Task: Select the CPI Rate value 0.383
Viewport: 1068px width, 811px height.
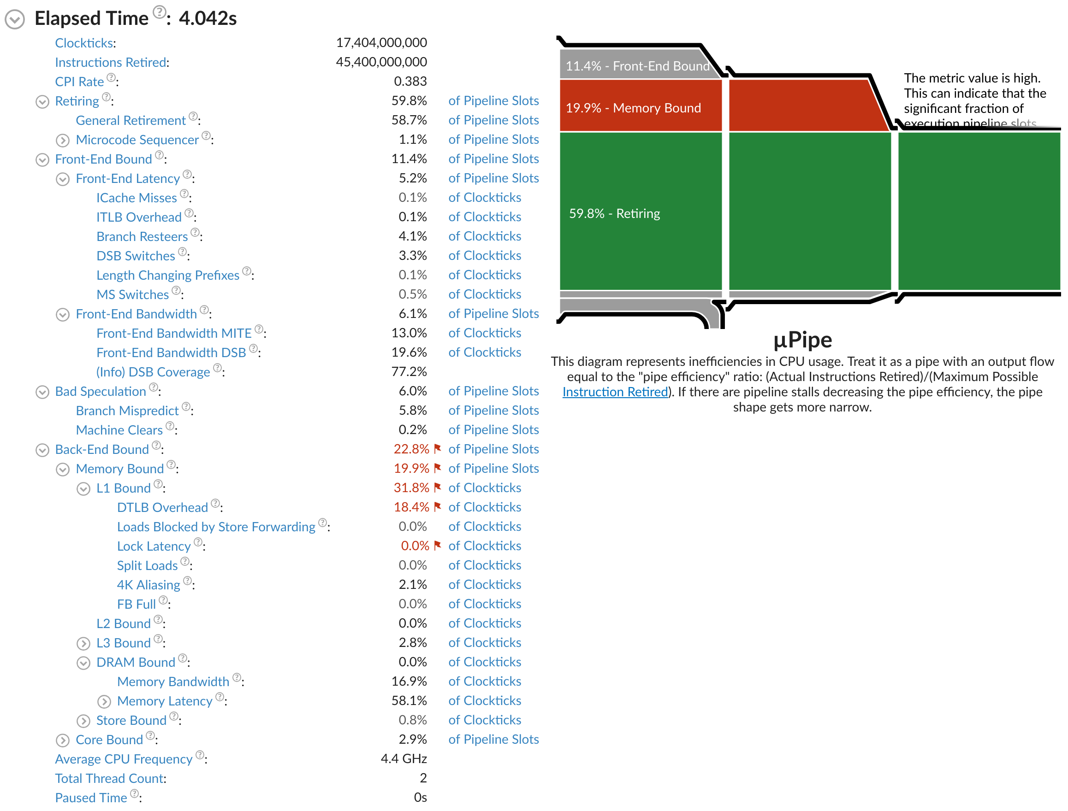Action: (x=410, y=81)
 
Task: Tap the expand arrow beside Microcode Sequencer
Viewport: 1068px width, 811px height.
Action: (x=63, y=141)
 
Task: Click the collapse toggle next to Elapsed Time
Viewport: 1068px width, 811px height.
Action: (x=15, y=19)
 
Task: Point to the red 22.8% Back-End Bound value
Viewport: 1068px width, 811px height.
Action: (x=411, y=449)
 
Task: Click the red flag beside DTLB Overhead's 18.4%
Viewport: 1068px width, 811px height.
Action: (x=437, y=507)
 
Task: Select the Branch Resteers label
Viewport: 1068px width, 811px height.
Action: (x=142, y=236)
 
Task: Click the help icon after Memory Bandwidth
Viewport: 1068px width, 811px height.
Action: (x=237, y=678)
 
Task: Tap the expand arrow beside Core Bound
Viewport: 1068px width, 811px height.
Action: (x=63, y=740)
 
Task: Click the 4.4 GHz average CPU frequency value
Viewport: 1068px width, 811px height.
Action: (x=403, y=759)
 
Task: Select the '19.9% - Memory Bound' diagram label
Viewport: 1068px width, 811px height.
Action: (x=633, y=108)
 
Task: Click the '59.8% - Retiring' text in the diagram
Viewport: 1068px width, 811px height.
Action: (x=614, y=213)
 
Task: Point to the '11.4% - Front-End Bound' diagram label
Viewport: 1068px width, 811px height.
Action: (x=637, y=66)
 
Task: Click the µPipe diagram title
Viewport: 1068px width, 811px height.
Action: (x=802, y=340)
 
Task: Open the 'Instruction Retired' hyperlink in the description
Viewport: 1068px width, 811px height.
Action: (x=615, y=392)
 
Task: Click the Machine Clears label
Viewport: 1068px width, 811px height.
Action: (x=119, y=430)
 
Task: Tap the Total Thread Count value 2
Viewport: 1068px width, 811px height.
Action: (x=423, y=778)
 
